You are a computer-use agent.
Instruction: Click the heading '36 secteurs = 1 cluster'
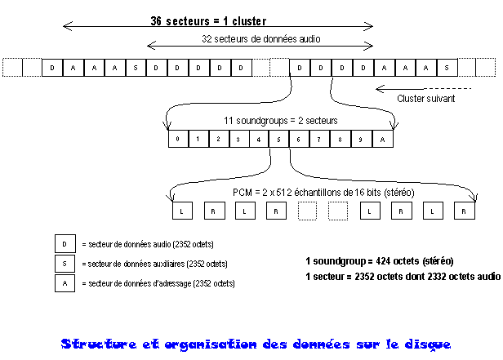coord(208,21)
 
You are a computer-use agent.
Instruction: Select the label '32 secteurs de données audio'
coord(261,39)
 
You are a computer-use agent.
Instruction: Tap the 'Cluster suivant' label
coord(426,99)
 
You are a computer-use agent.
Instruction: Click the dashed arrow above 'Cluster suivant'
coord(424,88)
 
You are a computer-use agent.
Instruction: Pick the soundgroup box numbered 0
coord(178,139)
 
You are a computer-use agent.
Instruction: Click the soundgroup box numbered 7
coord(319,139)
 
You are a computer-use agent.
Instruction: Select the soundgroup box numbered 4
coord(259,139)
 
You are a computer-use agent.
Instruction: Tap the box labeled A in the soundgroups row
coord(383,139)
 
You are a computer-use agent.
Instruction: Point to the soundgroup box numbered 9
coord(361,139)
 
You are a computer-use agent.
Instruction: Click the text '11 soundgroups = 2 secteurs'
coord(281,121)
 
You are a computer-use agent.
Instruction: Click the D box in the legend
coord(65,243)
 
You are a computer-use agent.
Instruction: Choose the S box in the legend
coord(65,264)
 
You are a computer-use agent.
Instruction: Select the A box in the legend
coord(65,283)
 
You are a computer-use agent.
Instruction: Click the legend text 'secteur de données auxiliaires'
coord(136,264)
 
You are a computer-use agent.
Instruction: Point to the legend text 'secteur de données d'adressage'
coord(140,283)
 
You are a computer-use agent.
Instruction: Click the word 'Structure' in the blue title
coord(99,344)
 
